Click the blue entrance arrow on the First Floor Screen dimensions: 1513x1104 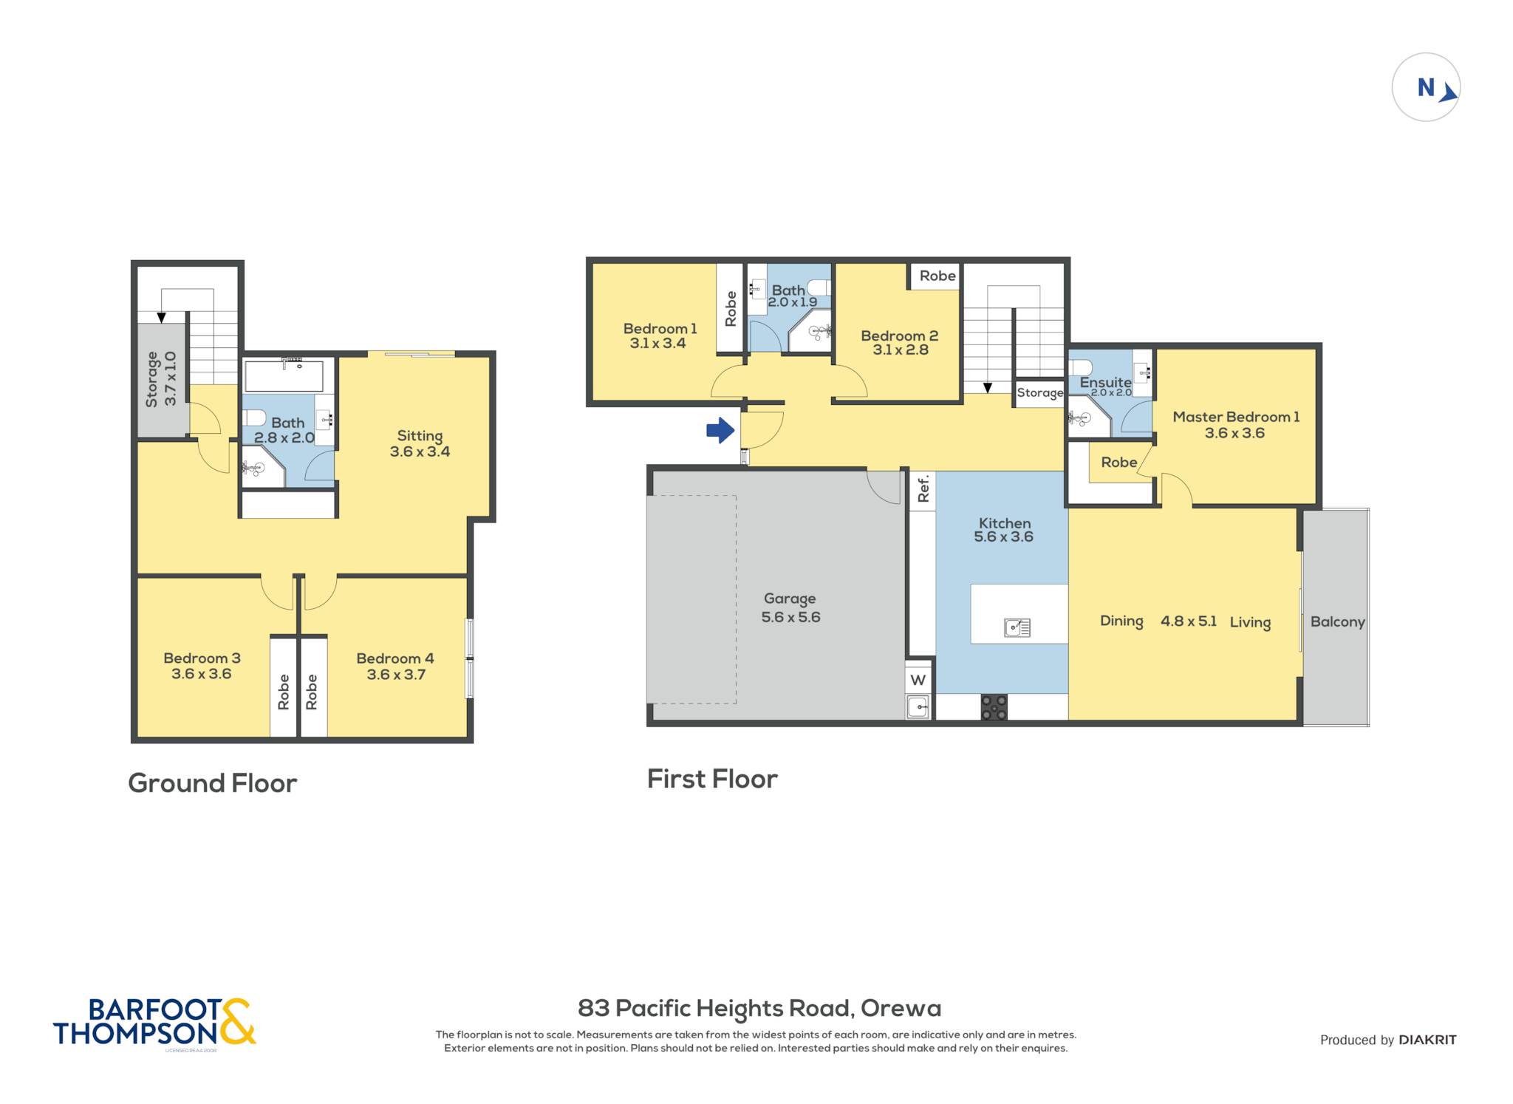720,430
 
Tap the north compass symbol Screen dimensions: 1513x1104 1426,87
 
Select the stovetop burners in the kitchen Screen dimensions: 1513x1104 994,706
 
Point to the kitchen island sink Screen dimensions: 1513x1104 1017,627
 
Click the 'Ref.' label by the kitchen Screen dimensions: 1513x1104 923,489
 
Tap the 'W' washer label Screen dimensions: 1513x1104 918,680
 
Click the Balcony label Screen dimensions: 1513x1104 1337,622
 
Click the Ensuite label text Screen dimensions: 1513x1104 1105,382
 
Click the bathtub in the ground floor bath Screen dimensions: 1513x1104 284,376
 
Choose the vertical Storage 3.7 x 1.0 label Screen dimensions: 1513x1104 161,379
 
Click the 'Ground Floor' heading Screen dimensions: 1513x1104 213,783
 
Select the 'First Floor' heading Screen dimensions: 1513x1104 712,779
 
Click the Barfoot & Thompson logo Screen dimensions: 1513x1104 154,1023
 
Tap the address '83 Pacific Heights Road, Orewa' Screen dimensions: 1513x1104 759,1009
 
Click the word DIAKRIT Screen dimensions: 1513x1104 1427,1040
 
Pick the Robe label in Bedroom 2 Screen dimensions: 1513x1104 937,276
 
